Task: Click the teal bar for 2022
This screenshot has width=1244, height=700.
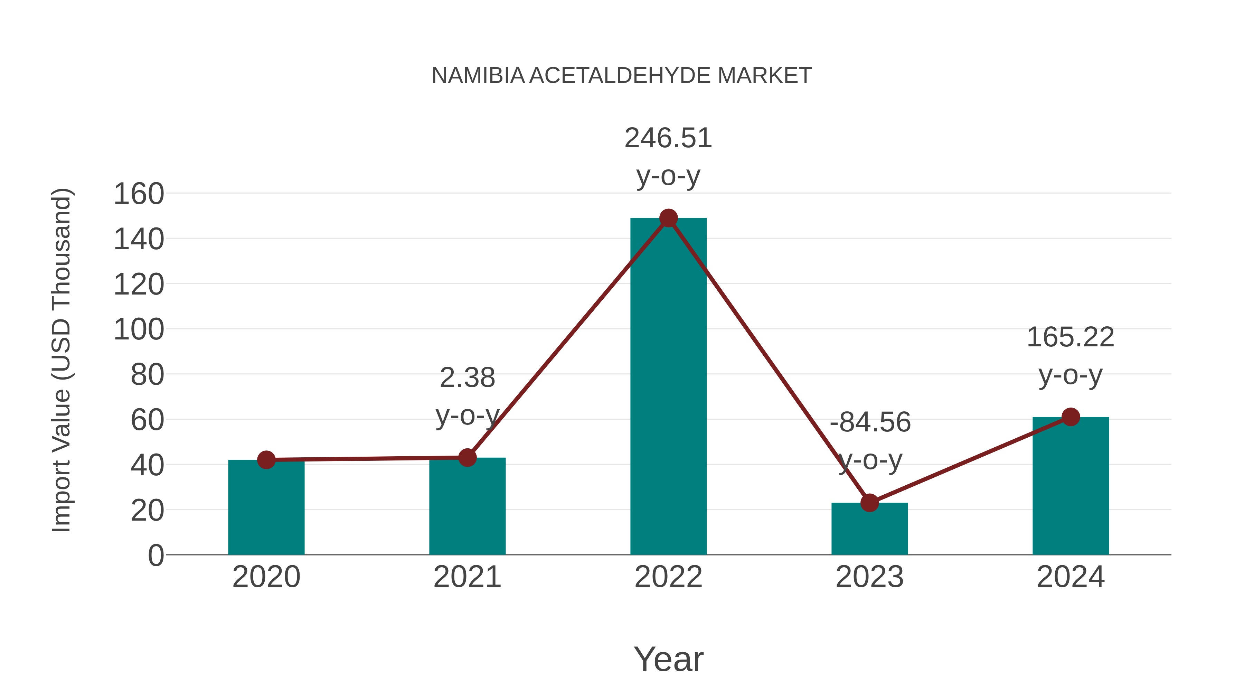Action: [668, 386]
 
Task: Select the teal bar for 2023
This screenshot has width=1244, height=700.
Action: [869, 529]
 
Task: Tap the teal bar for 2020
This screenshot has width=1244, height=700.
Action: [266, 507]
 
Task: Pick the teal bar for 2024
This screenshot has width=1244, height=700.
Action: [1071, 486]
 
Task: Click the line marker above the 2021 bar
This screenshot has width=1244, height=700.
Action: [467, 457]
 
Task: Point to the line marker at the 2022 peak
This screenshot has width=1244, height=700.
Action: [668, 218]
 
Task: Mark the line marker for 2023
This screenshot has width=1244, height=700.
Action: [869, 503]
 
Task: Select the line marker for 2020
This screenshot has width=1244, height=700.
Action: [266, 460]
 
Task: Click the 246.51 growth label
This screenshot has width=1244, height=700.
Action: [668, 138]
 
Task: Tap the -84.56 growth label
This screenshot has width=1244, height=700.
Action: [870, 422]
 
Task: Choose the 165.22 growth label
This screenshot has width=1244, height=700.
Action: [1070, 337]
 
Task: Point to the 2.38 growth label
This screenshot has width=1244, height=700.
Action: [467, 378]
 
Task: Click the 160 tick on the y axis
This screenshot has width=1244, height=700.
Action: [139, 194]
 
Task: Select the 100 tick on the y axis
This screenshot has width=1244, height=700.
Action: [139, 330]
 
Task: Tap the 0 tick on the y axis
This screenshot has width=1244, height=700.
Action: [155, 556]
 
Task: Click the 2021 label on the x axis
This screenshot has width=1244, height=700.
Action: [467, 577]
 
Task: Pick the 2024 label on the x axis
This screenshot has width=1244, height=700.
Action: [1070, 577]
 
